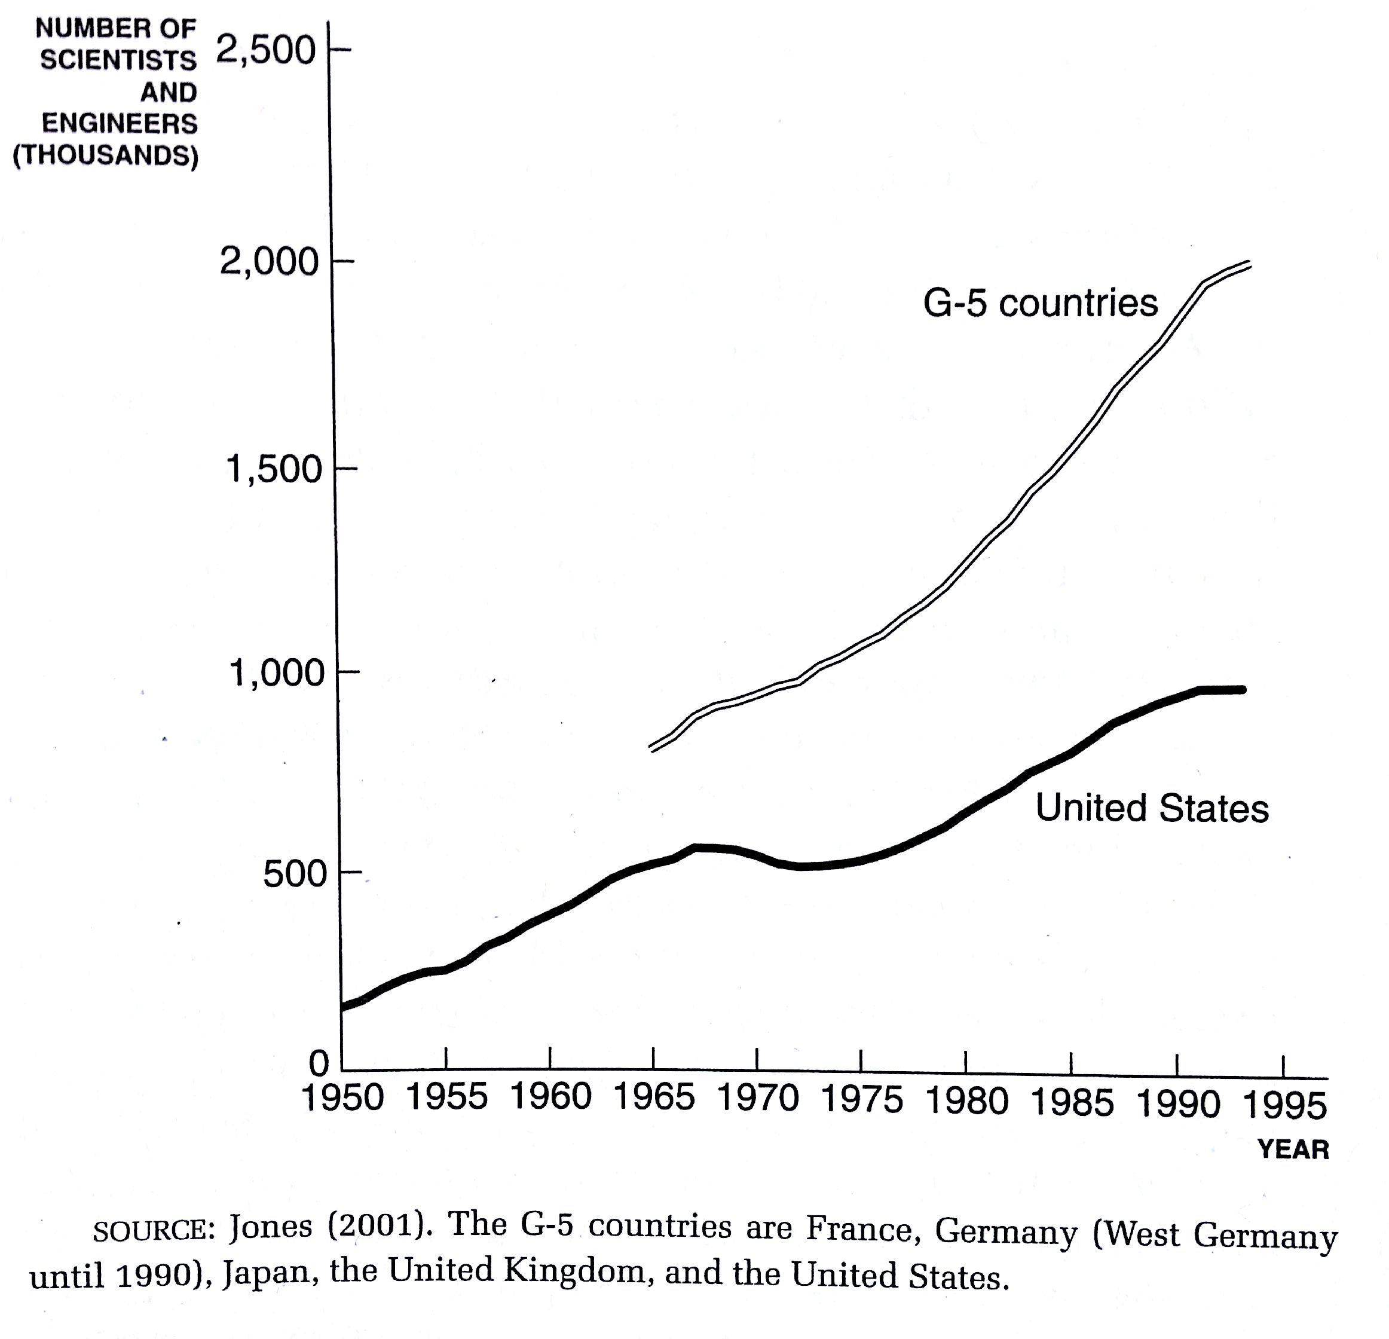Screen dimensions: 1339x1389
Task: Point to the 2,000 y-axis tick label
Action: pos(270,263)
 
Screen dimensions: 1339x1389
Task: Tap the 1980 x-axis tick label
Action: pos(966,1102)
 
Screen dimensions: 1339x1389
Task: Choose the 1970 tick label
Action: pos(758,1099)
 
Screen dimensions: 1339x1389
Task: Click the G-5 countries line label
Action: pos(1039,304)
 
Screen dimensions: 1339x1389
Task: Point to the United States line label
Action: pos(1152,809)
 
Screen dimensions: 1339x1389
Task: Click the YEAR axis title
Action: pos(1293,1149)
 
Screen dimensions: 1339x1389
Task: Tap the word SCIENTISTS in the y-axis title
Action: pos(118,60)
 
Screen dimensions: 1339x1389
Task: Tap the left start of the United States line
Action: pos(344,1007)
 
